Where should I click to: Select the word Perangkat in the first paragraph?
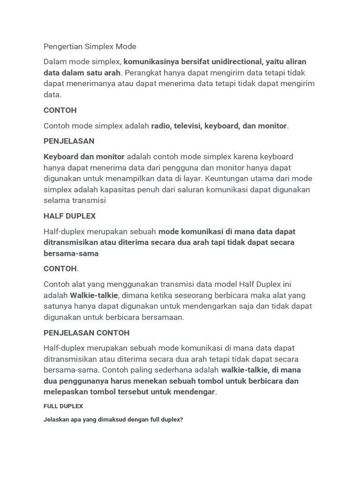coord(143,73)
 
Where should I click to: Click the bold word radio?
coord(161,126)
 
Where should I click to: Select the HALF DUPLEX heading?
coord(69,216)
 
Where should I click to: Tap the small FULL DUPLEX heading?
coord(63,406)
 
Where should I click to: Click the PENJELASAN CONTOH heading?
coord(86,333)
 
